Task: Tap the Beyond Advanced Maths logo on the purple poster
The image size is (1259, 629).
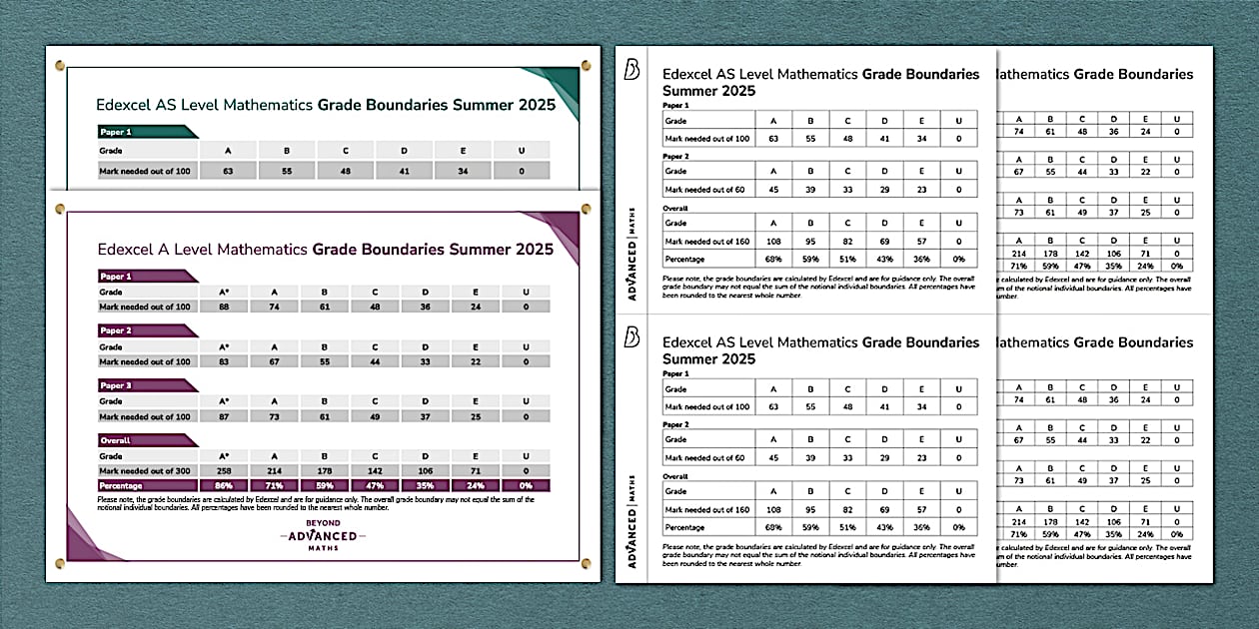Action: click(323, 536)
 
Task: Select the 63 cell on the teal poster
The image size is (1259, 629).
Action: click(229, 171)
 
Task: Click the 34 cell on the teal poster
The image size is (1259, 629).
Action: click(463, 171)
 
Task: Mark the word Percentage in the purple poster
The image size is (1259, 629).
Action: click(124, 485)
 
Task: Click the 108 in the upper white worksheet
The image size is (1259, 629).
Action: click(772, 241)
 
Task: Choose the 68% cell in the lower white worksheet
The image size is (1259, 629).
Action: click(772, 527)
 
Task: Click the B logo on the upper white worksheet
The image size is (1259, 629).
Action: click(631, 71)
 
